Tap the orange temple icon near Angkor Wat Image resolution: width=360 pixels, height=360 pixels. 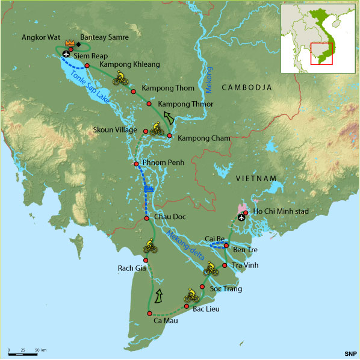[x=70, y=43]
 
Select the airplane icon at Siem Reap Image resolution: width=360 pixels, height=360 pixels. [x=65, y=54]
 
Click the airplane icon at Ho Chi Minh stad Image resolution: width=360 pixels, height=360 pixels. [x=241, y=217]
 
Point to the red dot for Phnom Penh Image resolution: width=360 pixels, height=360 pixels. [x=136, y=164]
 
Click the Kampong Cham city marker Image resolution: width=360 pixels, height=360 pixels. [x=170, y=135]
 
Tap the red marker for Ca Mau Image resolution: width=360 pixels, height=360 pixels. [x=147, y=313]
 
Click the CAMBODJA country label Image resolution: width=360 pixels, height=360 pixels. [x=247, y=88]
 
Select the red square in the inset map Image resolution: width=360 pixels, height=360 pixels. [x=322, y=52]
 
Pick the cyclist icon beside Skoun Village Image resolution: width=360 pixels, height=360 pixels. [x=156, y=128]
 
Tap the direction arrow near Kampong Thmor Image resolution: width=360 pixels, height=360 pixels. [x=170, y=118]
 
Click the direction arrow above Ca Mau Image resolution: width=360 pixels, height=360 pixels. [x=159, y=296]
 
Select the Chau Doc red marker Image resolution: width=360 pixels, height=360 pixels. [x=146, y=218]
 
